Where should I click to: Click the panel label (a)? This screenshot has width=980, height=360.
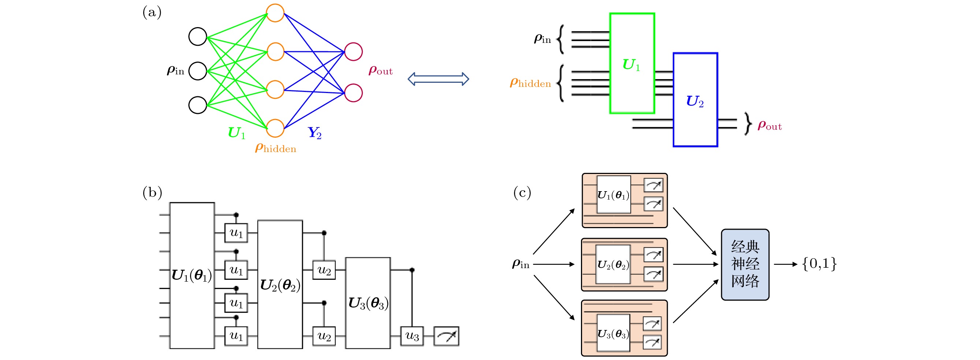point(152,12)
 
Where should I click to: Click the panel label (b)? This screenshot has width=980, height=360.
point(152,193)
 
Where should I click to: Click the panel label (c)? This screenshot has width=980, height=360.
point(522,193)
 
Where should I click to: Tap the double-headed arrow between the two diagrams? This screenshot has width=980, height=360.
point(438,79)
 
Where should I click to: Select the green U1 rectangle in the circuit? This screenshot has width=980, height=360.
point(632,63)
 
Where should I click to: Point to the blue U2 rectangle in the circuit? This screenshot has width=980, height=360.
point(695,100)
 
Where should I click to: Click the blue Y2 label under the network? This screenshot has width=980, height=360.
point(314,133)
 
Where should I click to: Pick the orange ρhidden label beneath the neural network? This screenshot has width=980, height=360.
point(275,148)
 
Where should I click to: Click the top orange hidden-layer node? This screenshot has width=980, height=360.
point(275,13)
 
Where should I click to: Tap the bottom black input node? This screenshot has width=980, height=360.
point(198,105)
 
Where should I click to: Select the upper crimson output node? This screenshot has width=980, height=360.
point(353,52)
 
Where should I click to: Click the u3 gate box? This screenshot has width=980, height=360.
point(412,336)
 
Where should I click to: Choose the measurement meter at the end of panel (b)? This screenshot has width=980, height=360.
point(447,336)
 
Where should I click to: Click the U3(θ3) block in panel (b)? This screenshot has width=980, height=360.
point(368,303)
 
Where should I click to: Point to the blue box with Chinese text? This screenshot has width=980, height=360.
point(745,264)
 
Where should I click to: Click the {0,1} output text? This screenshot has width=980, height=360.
point(819,264)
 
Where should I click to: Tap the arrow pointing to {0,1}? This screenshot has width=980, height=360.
point(785,264)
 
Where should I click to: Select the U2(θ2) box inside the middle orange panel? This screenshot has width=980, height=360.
point(613,264)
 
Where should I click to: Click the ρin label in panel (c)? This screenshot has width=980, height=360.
point(521,264)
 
